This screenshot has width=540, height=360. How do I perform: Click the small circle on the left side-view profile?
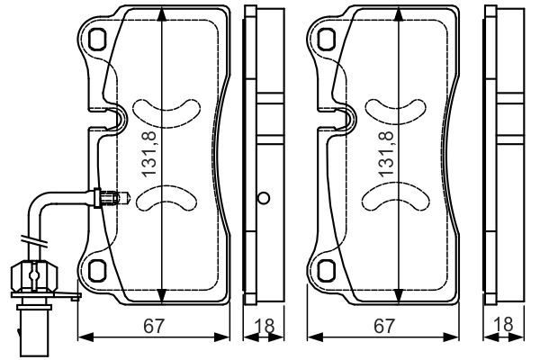263,199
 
